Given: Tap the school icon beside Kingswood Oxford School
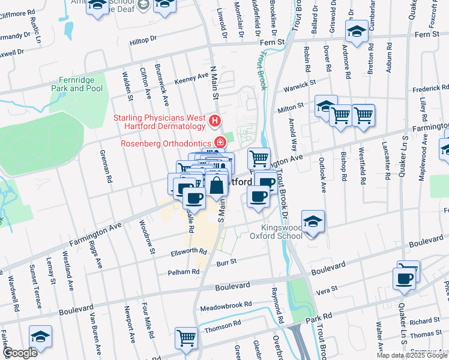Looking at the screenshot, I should [x=313, y=222].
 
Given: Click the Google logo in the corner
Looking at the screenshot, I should [x=20, y=353].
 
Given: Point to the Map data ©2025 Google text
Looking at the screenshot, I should [x=412, y=355].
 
